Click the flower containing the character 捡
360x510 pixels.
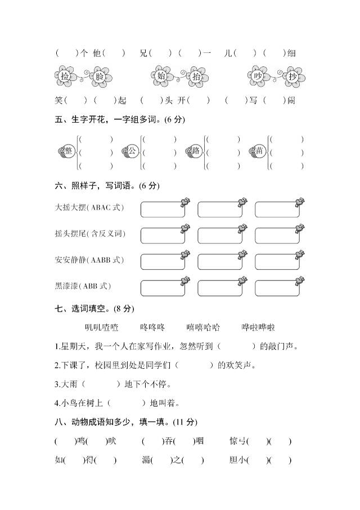click(x=65, y=76)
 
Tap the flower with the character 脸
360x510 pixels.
click(x=100, y=76)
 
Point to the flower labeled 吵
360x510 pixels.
click(x=258, y=76)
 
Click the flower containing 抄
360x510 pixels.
click(x=292, y=76)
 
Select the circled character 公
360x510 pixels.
click(x=132, y=151)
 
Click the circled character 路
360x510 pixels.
click(x=196, y=151)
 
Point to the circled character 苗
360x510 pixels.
click(x=259, y=151)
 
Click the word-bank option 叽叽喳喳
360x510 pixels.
click(x=101, y=327)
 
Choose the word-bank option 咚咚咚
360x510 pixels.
click(x=152, y=327)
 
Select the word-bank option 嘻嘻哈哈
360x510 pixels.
click(x=203, y=327)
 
